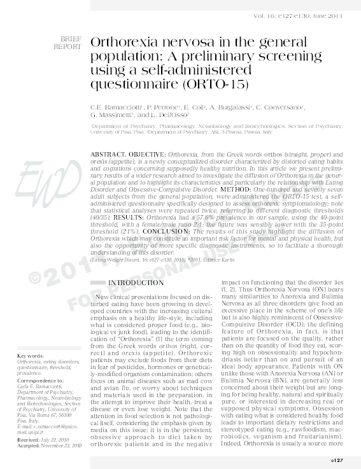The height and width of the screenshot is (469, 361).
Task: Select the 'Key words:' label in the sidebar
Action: [x=31, y=354]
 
